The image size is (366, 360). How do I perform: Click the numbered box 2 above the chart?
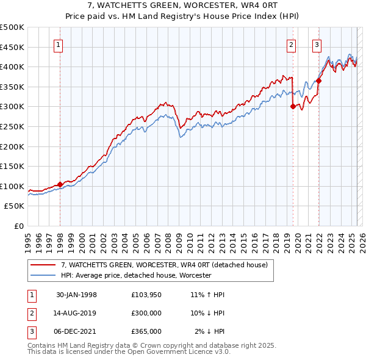(x=292, y=44)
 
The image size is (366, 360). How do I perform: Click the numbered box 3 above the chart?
(x=317, y=44)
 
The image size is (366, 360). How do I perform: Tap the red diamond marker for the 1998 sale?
(x=60, y=185)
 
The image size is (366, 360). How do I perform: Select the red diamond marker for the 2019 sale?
(x=293, y=106)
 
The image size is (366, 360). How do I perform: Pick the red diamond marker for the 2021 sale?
(x=318, y=81)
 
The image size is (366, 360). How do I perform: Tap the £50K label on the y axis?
(x=15, y=206)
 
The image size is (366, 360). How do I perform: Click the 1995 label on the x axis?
(x=27, y=239)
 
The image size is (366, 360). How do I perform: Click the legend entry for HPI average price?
(x=135, y=276)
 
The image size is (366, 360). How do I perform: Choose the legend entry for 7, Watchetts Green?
(x=164, y=265)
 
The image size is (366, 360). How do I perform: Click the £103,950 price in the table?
(x=146, y=295)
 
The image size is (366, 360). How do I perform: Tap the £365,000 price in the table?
(x=146, y=331)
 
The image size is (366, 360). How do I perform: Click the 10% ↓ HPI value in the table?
(x=207, y=313)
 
